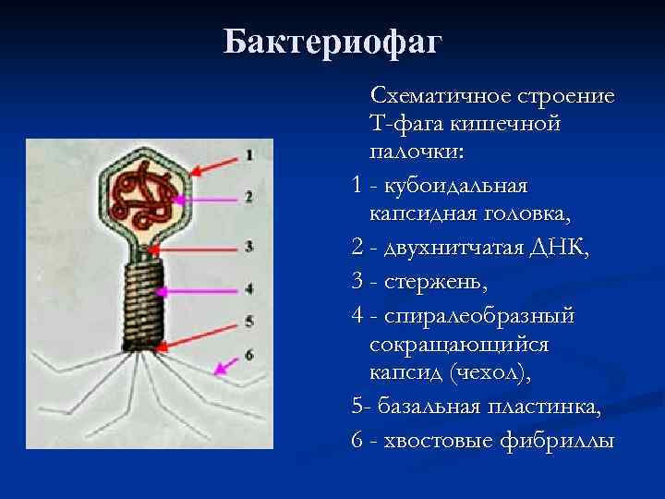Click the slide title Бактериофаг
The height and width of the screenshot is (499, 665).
click(x=332, y=42)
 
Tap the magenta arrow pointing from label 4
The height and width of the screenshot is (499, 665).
click(x=198, y=292)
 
